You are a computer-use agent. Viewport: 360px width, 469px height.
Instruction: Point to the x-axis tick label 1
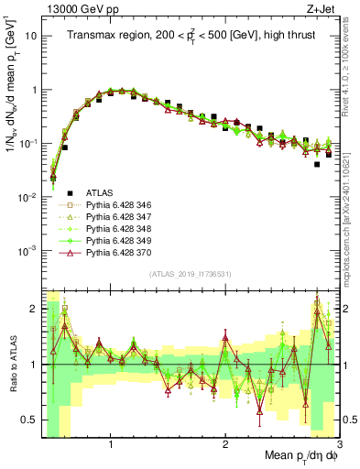111,442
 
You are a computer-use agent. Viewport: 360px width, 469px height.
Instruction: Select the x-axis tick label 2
225,442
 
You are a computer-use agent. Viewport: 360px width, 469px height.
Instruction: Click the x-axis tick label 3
338,442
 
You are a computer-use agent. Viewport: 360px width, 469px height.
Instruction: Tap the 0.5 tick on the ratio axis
29,420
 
